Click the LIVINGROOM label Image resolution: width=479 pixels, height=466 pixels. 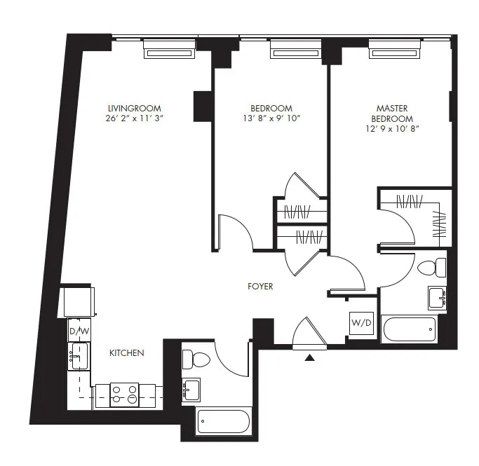pos(134,108)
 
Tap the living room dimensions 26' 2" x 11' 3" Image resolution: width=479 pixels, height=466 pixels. pos(134,118)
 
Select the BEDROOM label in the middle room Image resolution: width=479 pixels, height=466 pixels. pos(271,108)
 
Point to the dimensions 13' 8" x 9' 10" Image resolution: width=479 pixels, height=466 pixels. pos(271,118)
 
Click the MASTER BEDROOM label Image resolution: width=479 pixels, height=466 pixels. pos(392,113)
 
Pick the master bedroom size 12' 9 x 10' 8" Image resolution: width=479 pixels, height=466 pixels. pos(392,128)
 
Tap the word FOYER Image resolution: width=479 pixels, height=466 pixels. pos(260,287)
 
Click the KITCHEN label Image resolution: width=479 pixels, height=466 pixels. pos(126,352)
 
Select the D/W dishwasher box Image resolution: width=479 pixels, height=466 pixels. pos(77,330)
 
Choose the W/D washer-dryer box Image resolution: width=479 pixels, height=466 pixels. pos(361,324)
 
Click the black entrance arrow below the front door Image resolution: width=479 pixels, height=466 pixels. pos(309,358)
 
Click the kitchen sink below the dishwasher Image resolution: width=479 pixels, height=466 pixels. pos(77,357)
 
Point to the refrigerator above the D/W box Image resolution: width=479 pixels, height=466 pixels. pos(78,302)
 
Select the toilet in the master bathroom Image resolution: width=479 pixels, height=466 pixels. pos(431,267)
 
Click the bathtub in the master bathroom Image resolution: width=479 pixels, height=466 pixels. pos(409,329)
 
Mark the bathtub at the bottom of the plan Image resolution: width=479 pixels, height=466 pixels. pos(223,422)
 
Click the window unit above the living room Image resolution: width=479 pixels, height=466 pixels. pos(168,50)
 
